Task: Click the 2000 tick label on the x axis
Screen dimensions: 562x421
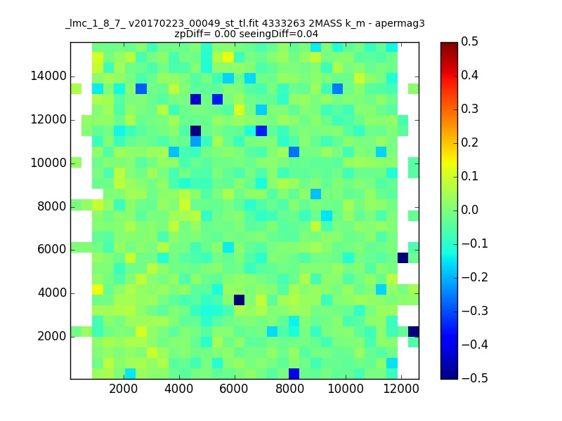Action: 124,389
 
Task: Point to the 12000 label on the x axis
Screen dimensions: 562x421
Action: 401,389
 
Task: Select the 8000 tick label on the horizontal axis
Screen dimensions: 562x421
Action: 289,389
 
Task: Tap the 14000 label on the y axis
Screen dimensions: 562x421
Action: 48,76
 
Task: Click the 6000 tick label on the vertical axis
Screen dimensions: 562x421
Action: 52,249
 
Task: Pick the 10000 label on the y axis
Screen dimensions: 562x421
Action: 48,163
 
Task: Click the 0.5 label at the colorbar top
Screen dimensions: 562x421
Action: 469,41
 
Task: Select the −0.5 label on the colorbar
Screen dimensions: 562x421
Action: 475,378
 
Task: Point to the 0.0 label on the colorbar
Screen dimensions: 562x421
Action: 469,210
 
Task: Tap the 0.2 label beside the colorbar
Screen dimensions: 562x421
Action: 469,142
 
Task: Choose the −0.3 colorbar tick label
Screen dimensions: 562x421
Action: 475,311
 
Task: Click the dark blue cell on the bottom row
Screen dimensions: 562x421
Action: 294,374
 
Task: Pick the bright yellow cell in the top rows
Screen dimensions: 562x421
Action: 228,58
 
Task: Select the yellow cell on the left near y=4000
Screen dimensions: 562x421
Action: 98,289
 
